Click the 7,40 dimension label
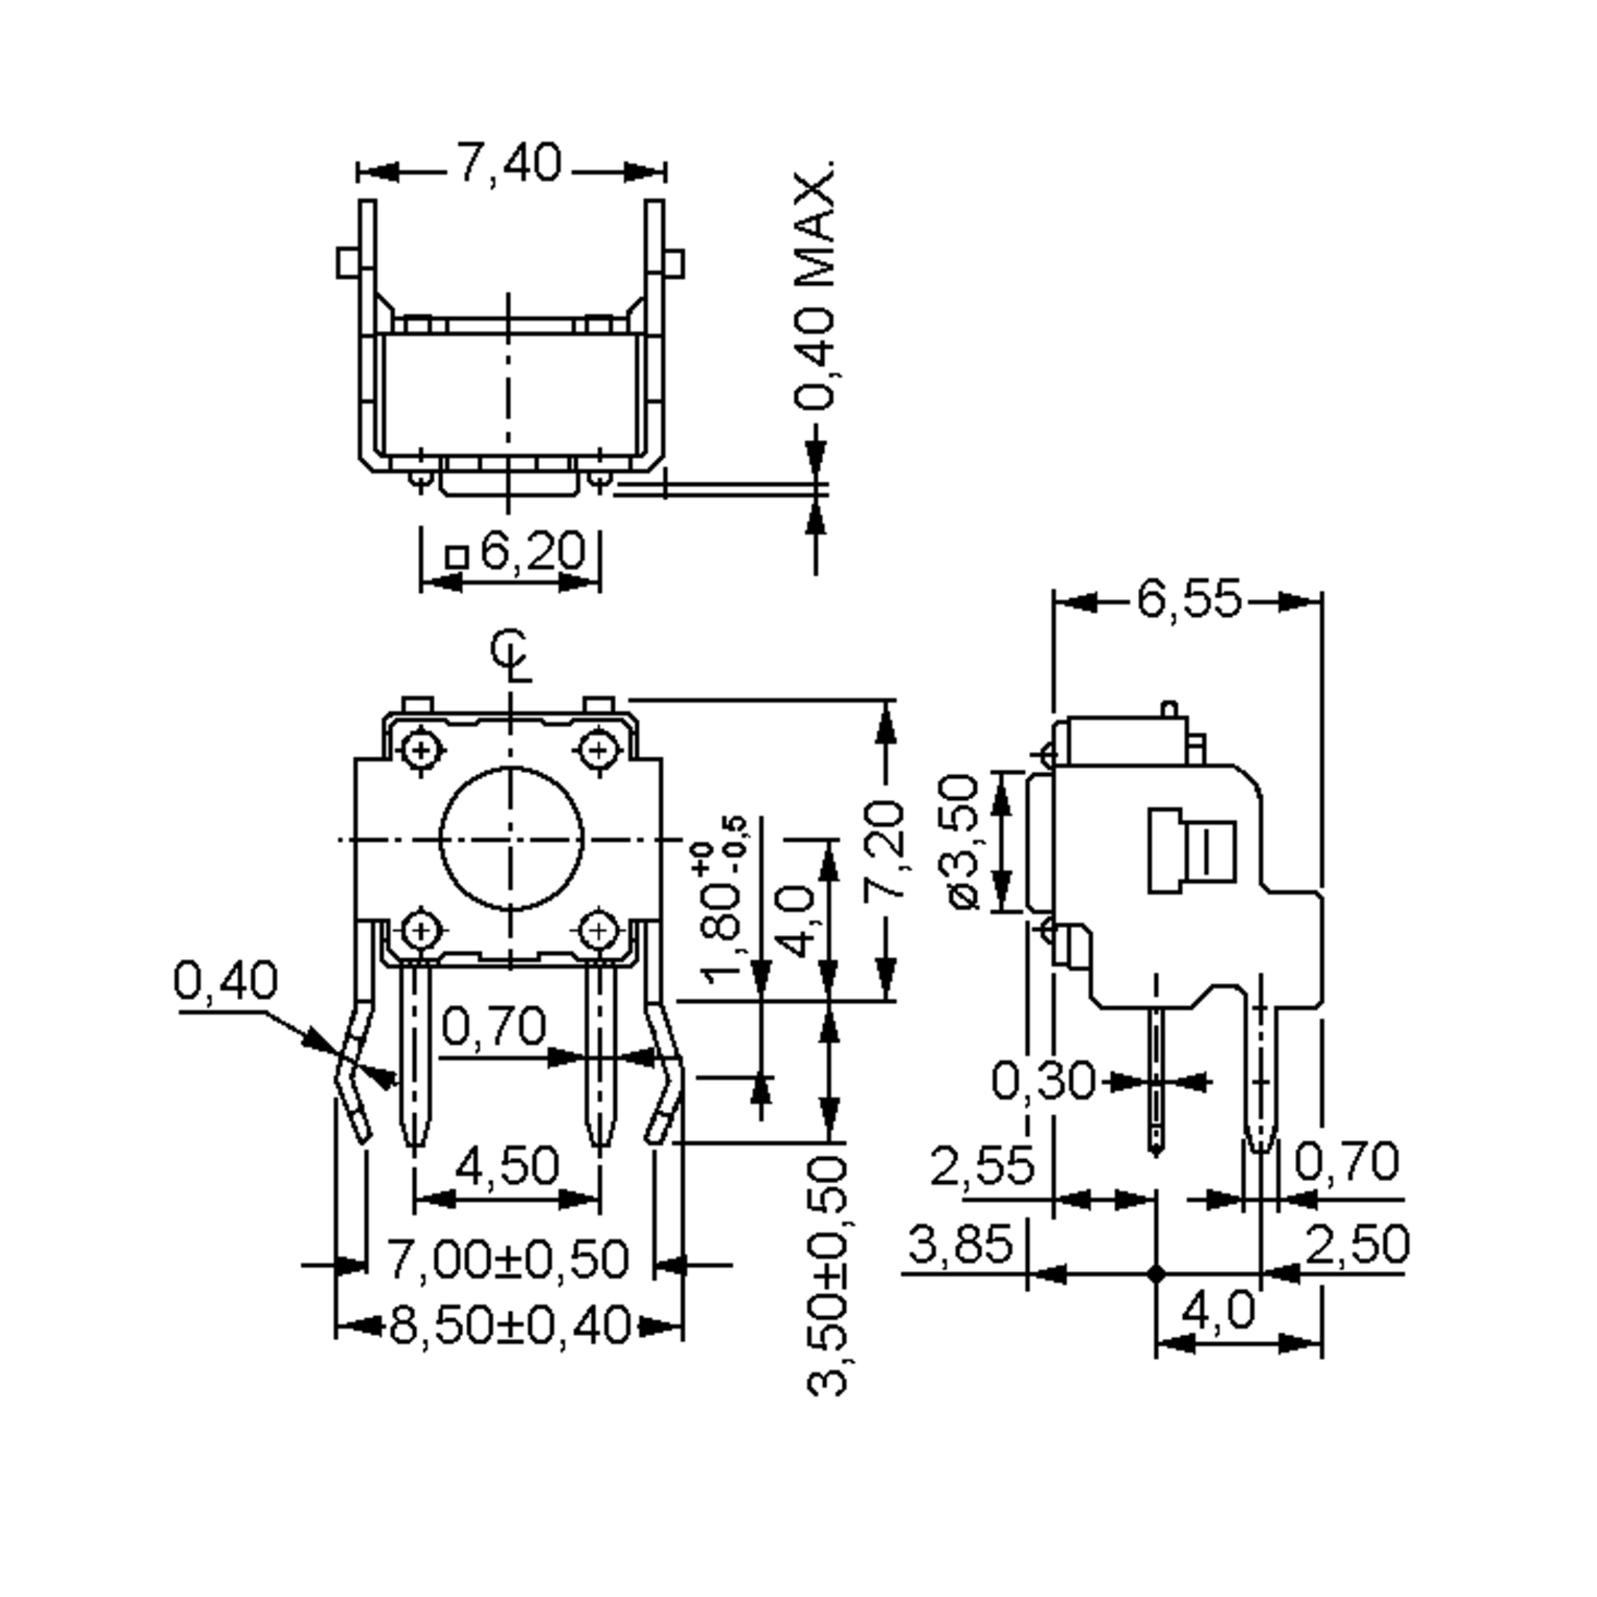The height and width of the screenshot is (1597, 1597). tap(509, 163)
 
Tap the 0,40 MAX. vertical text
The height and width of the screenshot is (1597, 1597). tap(815, 286)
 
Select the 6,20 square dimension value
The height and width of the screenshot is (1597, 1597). tap(532, 552)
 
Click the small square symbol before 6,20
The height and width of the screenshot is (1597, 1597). tap(456, 557)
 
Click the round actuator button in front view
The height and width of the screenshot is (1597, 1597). tap(511, 839)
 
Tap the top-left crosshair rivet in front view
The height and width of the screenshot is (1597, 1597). tap(422, 751)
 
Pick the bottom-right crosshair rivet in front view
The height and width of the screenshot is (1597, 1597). tap(600, 932)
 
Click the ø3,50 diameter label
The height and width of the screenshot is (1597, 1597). tap(963, 842)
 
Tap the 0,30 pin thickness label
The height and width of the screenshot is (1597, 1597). tap(1043, 1081)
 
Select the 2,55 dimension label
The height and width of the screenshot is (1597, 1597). tap(982, 1166)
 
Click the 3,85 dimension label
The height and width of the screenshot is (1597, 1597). tap(960, 1244)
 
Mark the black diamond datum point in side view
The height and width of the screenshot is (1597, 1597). tap(1156, 1274)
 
